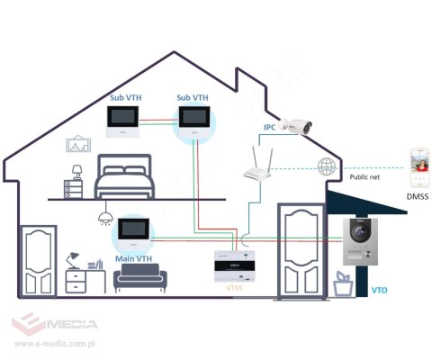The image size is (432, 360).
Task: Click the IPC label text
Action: (x=268, y=128)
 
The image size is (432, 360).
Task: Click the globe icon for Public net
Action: (x=326, y=166)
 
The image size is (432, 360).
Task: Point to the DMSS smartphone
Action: (x=418, y=168)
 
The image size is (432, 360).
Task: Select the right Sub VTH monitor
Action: (x=192, y=117)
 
